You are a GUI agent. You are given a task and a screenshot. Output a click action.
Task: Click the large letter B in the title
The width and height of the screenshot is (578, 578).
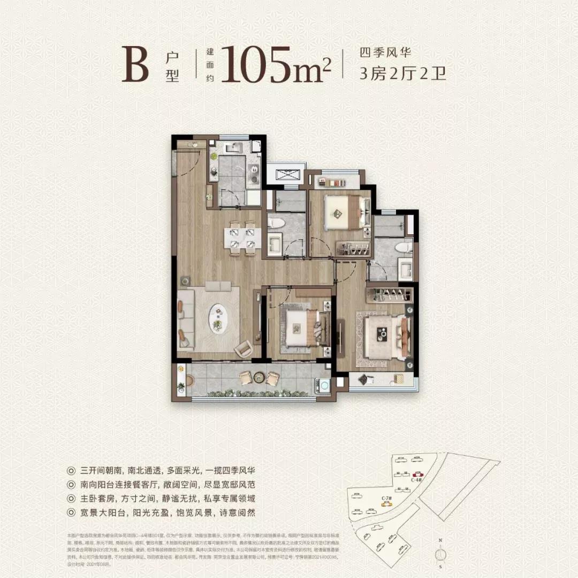[x=134, y=65]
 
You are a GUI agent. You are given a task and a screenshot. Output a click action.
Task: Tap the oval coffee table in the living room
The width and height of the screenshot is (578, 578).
[x=218, y=318]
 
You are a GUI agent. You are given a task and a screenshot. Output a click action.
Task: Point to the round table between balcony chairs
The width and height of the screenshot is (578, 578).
[x=259, y=377]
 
